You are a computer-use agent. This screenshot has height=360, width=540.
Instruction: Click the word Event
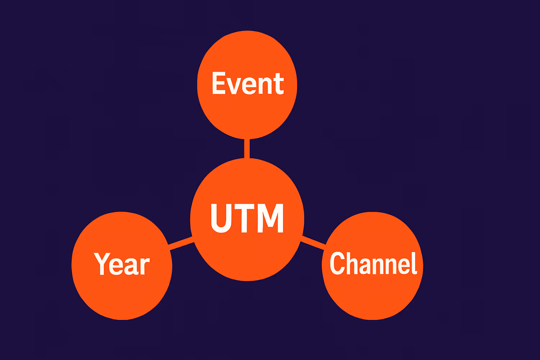click(x=248, y=84)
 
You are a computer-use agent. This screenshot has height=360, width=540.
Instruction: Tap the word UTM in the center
click(x=247, y=218)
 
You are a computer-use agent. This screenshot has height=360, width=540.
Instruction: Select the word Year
click(x=122, y=264)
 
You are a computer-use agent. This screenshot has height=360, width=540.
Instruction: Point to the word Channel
click(x=373, y=264)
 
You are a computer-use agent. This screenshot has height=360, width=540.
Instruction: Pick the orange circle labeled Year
click(x=122, y=295)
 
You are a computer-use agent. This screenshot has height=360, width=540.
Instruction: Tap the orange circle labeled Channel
click(x=373, y=295)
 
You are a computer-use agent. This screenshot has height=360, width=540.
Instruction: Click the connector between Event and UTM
click(x=247, y=148)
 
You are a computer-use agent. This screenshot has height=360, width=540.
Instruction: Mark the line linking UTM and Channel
click(x=313, y=242)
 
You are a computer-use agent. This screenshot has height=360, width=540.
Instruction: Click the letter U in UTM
click(x=221, y=218)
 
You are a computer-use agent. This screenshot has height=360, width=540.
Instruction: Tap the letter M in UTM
click(x=273, y=218)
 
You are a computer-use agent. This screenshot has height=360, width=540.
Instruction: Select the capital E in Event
click(x=219, y=83)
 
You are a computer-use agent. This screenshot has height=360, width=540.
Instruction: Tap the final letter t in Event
click(x=279, y=84)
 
